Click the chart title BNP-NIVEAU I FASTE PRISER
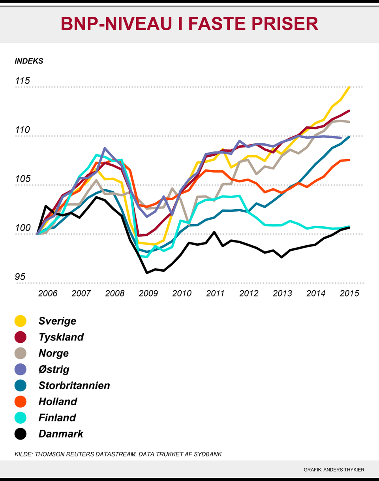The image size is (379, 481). click(189, 24)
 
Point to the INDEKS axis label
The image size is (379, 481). click(29, 61)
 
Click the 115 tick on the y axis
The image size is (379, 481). click(23, 81)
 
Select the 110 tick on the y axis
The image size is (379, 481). click(23, 130)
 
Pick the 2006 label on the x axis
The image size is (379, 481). click(47, 293)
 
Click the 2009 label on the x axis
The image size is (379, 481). click(148, 293)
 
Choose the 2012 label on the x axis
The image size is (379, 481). click(249, 293)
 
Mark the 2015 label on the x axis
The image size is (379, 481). click(349, 293)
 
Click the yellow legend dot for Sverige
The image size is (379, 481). click(20, 321)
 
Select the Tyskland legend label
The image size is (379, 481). click(61, 337)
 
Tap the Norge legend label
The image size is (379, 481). click(53, 353)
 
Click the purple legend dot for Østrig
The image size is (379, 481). click(20, 369)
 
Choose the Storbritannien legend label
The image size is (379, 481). click(74, 385)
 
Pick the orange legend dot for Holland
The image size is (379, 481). click(20, 402)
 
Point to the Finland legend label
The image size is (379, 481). click(57, 417)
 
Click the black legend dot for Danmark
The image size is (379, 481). click(20, 434)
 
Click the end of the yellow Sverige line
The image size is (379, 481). click(349, 87)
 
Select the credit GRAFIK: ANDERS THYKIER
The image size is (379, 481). click(334, 470)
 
